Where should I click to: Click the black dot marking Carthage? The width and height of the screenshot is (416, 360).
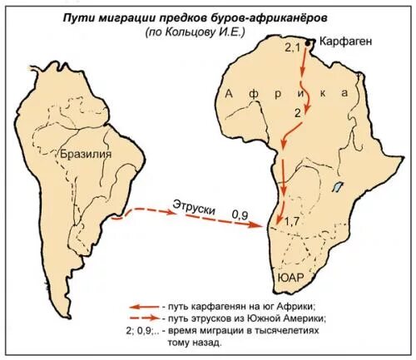pyautogui.click(x=309, y=42)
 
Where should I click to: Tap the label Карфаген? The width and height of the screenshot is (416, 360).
pyautogui.click(x=343, y=42)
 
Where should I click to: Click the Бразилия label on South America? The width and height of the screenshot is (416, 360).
pyautogui.click(x=86, y=154)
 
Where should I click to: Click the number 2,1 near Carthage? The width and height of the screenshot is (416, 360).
pyautogui.click(x=292, y=49)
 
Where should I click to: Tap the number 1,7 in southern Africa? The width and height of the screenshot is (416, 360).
pyautogui.click(x=291, y=222)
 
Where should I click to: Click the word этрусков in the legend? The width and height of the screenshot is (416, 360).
pyautogui.click(x=224, y=318)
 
